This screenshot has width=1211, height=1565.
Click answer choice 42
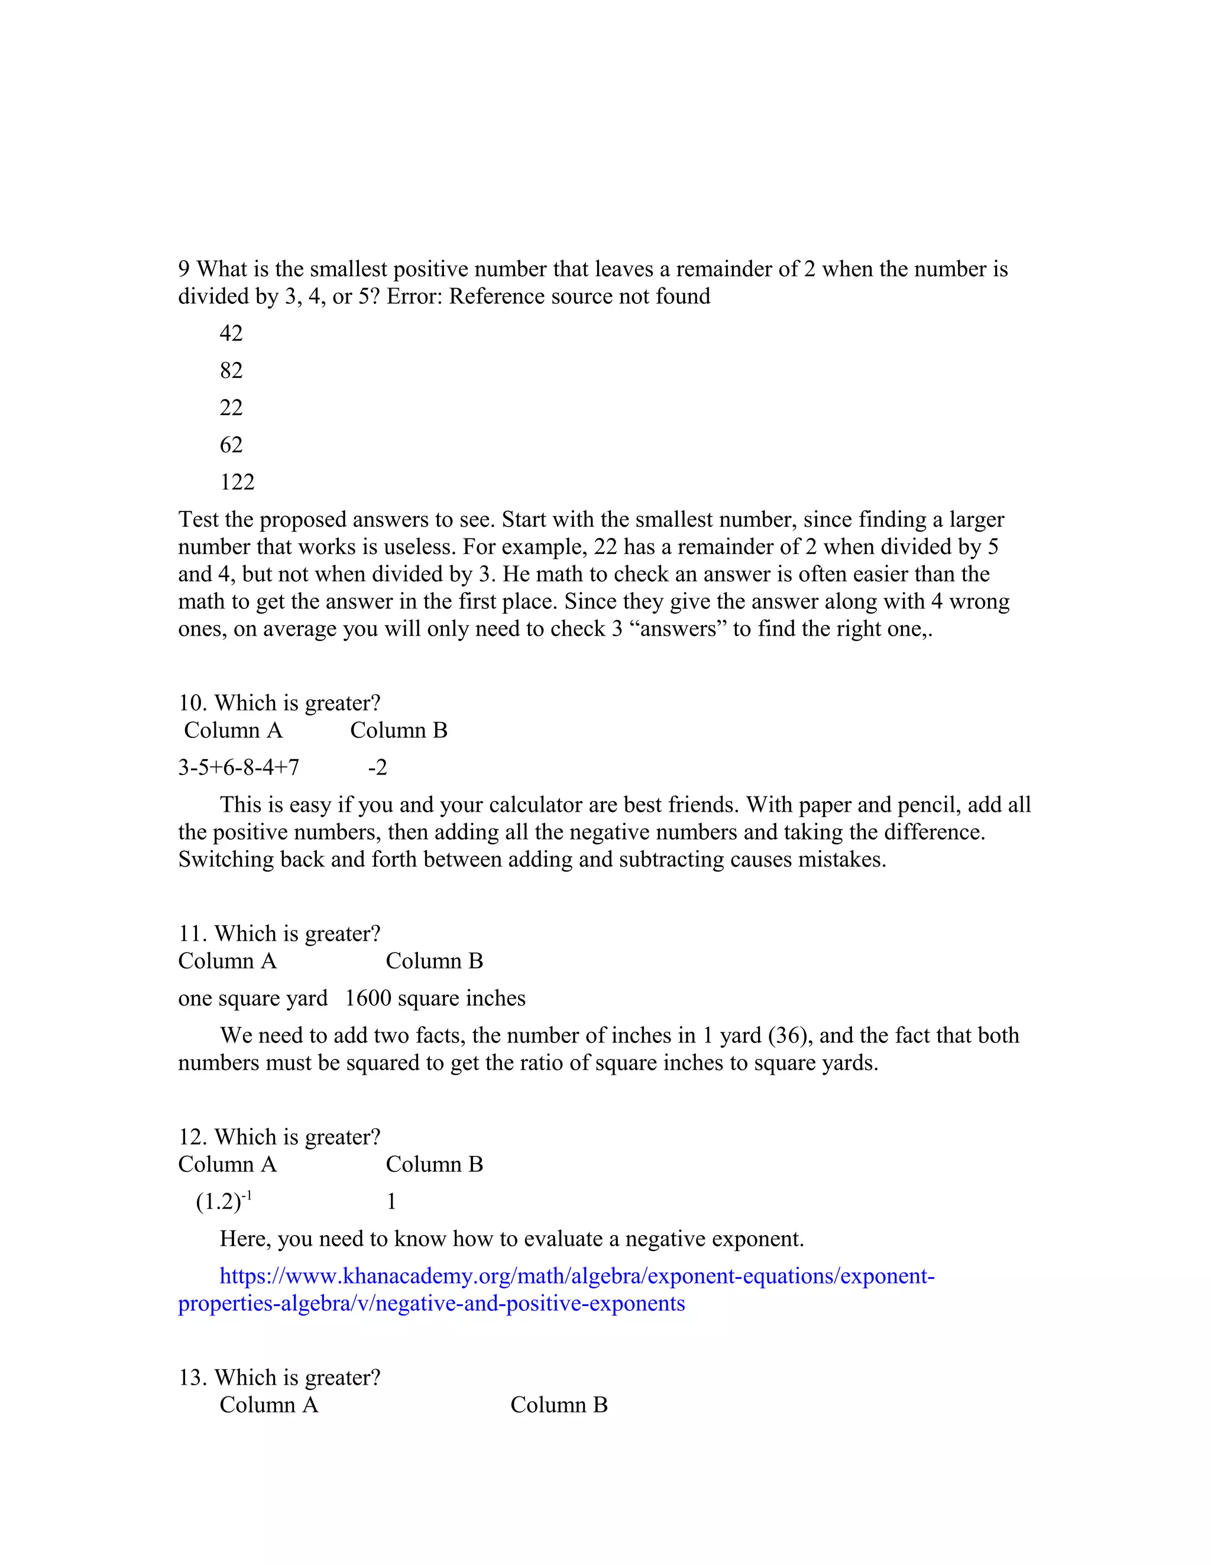(x=231, y=333)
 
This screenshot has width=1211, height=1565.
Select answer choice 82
(x=231, y=371)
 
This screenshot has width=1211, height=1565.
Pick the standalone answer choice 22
(x=231, y=408)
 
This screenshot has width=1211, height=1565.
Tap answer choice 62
(x=231, y=445)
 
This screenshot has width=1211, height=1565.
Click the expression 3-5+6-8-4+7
(x=239, y=767)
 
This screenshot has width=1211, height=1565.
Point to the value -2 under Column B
(x=378, y=767)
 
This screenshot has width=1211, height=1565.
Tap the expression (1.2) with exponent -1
(x=224, y=1202)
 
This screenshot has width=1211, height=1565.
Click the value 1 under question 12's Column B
(x=391, y=1202)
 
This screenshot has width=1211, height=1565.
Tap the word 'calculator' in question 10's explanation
(x=537, y=805)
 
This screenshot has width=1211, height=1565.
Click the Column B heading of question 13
(x=559, y=1405)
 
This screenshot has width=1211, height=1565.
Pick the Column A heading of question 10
(x=233, y=730)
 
